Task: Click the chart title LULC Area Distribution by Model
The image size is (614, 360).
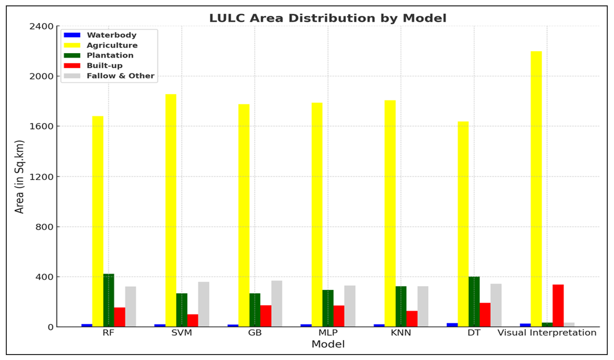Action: tap(327, 18)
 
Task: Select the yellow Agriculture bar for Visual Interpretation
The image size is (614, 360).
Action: tap(536, 189)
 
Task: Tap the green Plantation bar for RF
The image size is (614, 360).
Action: tap(108, 300)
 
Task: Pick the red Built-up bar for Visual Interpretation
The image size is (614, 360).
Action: tap(558, 305)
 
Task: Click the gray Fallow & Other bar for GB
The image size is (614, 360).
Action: tap(276, 303)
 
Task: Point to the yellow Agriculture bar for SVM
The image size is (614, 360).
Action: tap(171, 210)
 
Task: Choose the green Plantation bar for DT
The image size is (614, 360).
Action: tap(474, 301)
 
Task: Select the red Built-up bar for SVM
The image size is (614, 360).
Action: tap(193, 320)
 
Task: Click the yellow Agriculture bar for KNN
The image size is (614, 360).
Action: tap(390, 213)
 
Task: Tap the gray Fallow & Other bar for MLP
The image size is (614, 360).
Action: tap(350, 306)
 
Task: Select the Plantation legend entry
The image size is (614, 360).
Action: tap(110, 55)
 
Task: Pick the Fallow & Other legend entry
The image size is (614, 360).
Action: tap(120, 76)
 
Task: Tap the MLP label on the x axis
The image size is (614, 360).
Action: tap(328, 333)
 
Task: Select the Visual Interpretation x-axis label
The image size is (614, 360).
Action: tap(547, 333)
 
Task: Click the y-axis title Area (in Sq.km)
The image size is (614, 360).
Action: tap(20, 176)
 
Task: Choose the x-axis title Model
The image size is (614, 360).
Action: tap(328, 344)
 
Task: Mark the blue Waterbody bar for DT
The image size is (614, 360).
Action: tap(452, 325)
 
